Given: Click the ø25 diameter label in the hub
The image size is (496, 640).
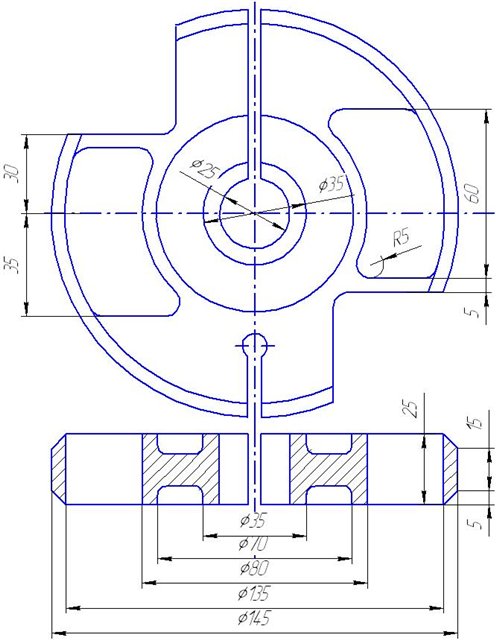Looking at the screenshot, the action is click(x=205, y=168).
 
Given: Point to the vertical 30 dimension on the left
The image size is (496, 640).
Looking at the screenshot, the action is click(x=13, y=174).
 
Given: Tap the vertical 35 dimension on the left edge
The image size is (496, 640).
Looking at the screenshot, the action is click(x=12, y=265).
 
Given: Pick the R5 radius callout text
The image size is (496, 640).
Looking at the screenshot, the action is click(x=401, y=238).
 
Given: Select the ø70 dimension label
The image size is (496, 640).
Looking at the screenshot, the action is click(x=253, y=544).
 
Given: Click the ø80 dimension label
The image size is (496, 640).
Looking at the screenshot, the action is click(x=254, y=568).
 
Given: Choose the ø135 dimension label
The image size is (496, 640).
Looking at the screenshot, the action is click(x=254, y=593).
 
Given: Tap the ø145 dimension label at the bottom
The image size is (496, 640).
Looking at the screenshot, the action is click(x=254, y=618).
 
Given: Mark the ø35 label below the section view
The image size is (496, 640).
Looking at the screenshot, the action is click(x=253, y=520).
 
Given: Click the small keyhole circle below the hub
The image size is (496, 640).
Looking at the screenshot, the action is click(x=254, y=345).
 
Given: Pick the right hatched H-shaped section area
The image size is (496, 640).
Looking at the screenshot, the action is click(x=329, y=469).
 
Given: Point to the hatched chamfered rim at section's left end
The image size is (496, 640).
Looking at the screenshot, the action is click(x=59, y=469).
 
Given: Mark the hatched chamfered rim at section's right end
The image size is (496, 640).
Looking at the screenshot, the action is click(x=450, y=469).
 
